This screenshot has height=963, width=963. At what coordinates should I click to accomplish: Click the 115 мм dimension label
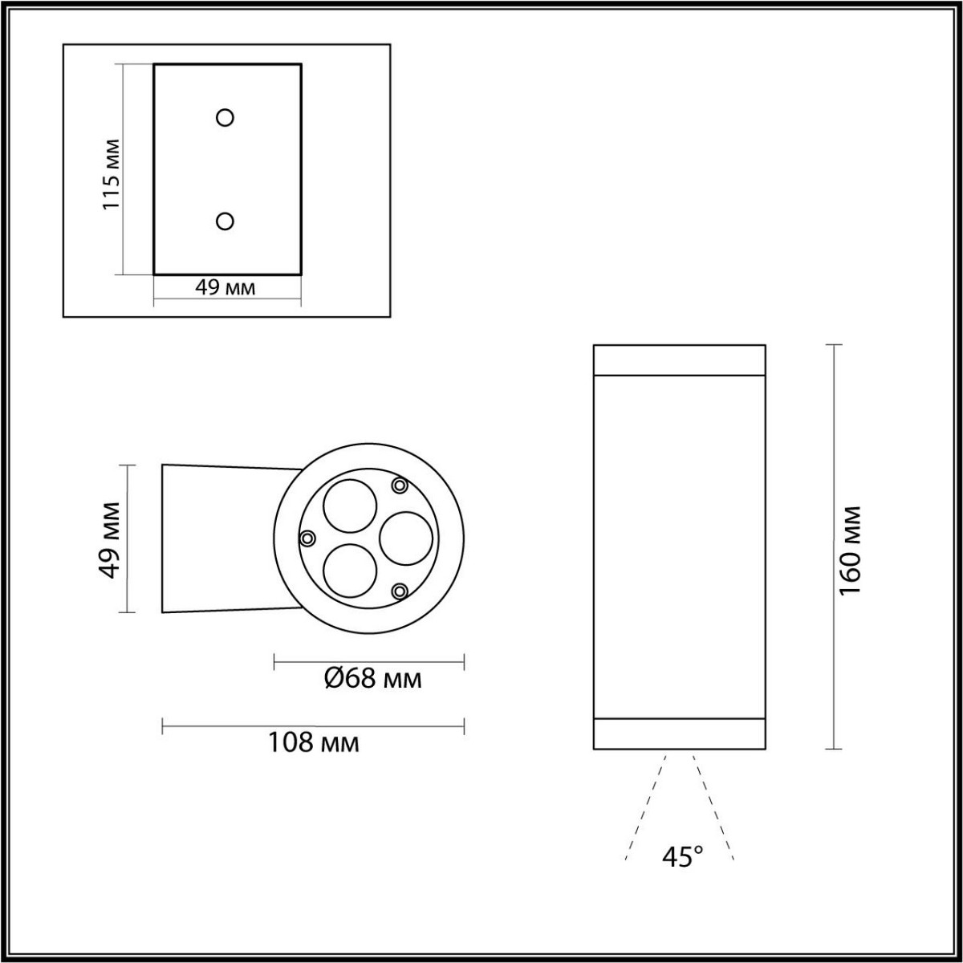point(111,174)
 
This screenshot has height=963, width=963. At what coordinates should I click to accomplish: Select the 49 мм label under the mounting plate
point(226,287)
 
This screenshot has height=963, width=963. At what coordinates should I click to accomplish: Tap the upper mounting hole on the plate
point(226,118)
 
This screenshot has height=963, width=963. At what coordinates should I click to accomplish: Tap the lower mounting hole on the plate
point(226,221)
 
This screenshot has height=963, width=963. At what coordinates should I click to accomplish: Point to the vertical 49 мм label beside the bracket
point(110,539)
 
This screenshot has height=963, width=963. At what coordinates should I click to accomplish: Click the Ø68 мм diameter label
point(372,679)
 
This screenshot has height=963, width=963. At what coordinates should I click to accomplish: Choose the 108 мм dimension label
point(313,742)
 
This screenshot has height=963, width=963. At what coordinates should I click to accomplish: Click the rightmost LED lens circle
point(405,538)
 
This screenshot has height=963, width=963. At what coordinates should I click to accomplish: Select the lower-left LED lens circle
point(349,570)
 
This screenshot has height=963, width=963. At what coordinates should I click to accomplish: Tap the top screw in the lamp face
point(399,486)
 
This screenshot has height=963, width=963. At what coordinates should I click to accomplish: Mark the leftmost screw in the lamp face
point(307,538)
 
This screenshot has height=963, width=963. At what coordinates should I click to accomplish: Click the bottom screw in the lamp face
point(399,591)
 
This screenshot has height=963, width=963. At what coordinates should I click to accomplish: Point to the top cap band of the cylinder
point(679,360)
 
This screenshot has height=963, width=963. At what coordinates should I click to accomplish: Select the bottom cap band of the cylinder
point(679,732)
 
